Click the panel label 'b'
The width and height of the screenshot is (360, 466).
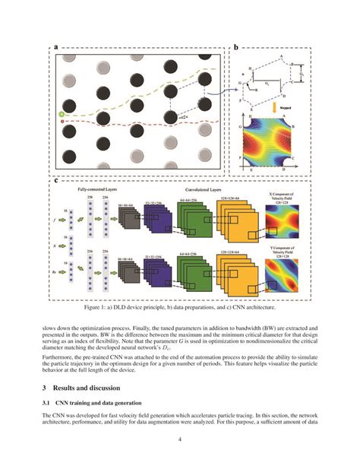(235, 47)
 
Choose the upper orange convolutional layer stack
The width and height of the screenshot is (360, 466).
(228, 224)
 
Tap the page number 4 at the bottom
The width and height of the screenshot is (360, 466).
(180, 439)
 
